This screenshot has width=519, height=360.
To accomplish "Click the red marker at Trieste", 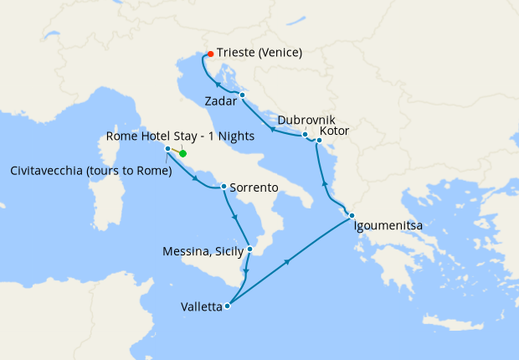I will click(x=210, y=54).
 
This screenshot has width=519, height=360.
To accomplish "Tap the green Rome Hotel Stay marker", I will click(x=182, y=153).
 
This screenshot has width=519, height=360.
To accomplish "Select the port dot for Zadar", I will click(x=242, y=95).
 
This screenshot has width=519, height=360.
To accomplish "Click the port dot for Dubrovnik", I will click(x=305, y=135).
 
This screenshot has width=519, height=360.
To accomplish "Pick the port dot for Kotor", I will click(x=319, y=140).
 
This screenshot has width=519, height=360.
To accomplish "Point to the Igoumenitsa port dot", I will click(x=352, y=216).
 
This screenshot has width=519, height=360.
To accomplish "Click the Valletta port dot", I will click(x=228, y=306).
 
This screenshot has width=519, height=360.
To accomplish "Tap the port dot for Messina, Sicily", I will click(x=249, y=249).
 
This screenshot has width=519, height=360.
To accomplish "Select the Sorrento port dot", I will click(x=224, y=186).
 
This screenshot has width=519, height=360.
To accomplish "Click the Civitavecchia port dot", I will click(x=168, y=149).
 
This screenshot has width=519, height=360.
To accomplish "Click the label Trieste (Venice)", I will click(x=259, y=53).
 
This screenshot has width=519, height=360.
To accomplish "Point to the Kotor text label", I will click(x=334, y=131).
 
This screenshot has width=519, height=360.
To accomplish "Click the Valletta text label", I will click(x=201, y=307).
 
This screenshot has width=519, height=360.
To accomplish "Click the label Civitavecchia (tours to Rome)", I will click(x=91, y=172).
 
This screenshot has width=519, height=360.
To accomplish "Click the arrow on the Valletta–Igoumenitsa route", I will click(x=287, y=263).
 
